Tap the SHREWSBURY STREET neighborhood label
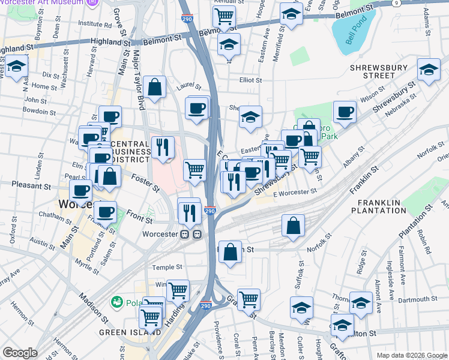click(x=379, y=71)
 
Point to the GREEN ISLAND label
click(x=130, y=332)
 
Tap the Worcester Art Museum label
click(x=41, y=3)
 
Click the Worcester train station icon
click(x=191, y=234)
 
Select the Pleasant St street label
click(x=29, y=186)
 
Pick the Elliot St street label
click(x=251, y=80)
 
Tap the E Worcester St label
click(x=294, y=191)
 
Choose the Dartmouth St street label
click(x=418, y=299)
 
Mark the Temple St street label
click(x=167, y=267)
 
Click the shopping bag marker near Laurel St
click(x=155, y=87)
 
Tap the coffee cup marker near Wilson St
click(x=345, y=112)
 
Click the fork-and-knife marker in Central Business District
click(x=163, y=147)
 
